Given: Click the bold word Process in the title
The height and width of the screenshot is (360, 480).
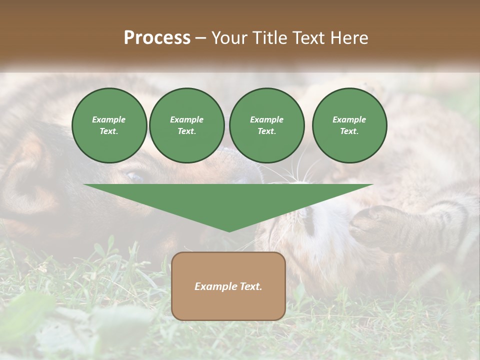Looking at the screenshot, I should click(157, 38).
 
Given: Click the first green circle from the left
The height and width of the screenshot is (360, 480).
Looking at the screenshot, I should click(109, 125).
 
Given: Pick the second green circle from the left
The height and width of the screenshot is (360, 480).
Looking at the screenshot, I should click(187, 125).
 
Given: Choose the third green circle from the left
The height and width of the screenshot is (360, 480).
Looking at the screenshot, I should click(266, 125).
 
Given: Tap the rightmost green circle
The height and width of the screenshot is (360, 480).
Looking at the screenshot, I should click(349, 125).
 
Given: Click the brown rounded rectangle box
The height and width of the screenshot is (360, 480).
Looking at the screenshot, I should click(228, 286).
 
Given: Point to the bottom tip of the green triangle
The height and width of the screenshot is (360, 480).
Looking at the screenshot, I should click(229, 231).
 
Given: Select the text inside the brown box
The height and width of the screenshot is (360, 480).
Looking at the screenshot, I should click(228, 286).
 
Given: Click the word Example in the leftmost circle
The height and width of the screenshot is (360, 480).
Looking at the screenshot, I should click(109, 119).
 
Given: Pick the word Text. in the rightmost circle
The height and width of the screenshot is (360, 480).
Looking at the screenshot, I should click(349, 131).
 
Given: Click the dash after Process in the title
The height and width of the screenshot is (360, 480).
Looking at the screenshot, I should click(200, 38).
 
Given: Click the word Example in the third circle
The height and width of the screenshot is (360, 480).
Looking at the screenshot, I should click(266, 119).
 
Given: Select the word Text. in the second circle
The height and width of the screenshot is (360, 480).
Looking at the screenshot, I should click(187, 131).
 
